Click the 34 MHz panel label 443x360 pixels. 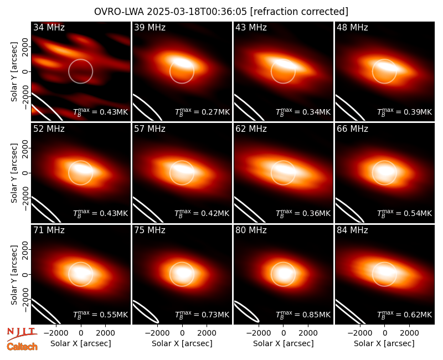pyautogui.click(x=49, y=27)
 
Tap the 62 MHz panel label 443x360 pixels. pyautogui.click(x=251, y=129)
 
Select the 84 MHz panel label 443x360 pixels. pyautogui.click(x=352, y=230)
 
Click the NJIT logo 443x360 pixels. pyautogui.click(x=22, y=334)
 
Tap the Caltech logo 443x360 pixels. pyautogui.click(x=22, y=347)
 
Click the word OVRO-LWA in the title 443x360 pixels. pyautogui.click(x=119, y=12)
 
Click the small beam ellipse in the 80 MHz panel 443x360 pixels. pyautogui.click(x=246, y=312)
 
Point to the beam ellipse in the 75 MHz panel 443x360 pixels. pyautogui.click(x=146, y=312)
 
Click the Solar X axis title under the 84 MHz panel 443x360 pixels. pyautogui.click(x=384, y=343)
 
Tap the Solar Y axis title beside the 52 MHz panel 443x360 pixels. pyautogui.click(x=14, y=173)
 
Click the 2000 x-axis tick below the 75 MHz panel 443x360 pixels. pyautogui.click(x=207, y=333)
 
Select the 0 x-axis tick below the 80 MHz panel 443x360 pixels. pyautogui.click(x=284, y=333)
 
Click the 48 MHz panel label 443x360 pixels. pyautogui.click(x=352, y=27)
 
